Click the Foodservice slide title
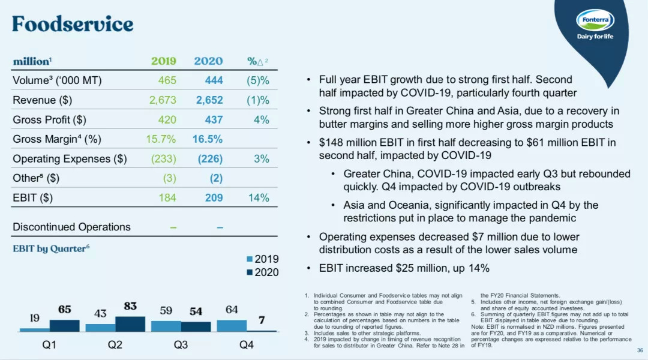pyautogui.click(x=73, y=24)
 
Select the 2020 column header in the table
pyautogui.click(x=208, y=61)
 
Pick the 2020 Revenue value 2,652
pyautogui.click(x=209, y=100)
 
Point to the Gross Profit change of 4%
pyautogui.click(x=261, y=119)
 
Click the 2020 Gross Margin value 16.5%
pyautogui.click(x=208, y=139)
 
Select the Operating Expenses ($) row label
pyautogui.click(x=70, y=159)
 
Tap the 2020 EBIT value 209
pyautogui.click(x=214, y=198)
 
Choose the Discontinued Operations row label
pyautogui.click(x=71, y=227)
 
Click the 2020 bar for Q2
pyautogui.click(x=130, y=324)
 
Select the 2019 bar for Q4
pyautogui.click(x=232, y=325)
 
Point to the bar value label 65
pyautogui.click(x=64, y=310)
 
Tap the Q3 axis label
pyautogui.click(x=181, y=345)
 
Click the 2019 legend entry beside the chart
pyautogui.click(x=262, y=259)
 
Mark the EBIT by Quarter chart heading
pyautogui.click(x=51, y=248)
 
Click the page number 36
pyautogui.click(x=639, y=351)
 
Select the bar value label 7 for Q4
pyautogui.click(x=262, y=320)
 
